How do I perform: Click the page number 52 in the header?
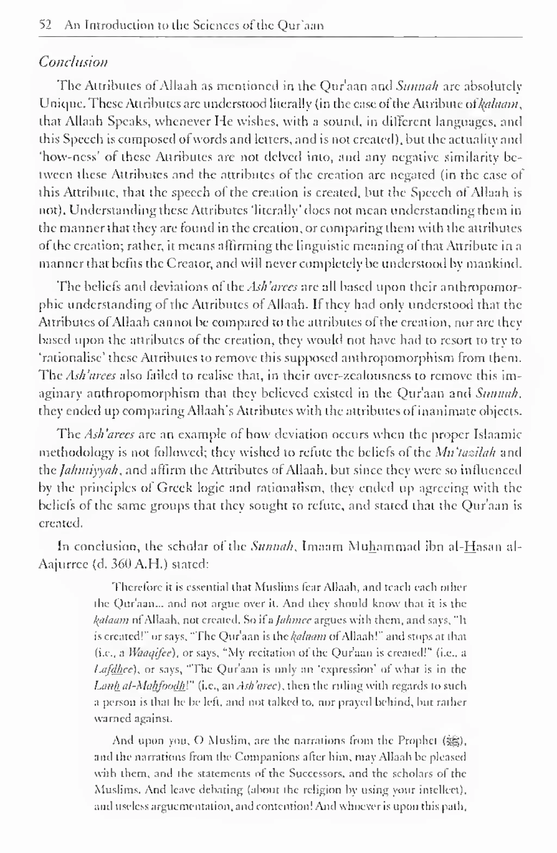45,25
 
